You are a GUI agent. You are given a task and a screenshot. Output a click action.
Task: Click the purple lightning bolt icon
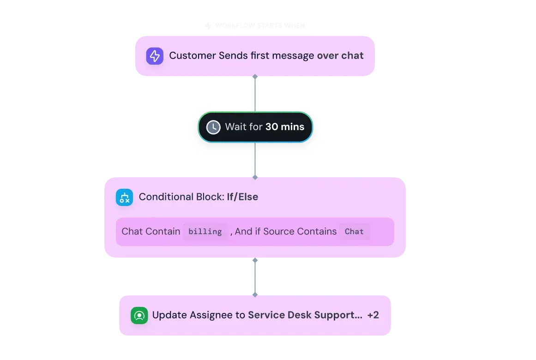(x=155, y=56)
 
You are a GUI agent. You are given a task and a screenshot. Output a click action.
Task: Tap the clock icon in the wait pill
(x=213, y=127)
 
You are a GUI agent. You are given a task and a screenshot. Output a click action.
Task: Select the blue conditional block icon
(x=124, y=197)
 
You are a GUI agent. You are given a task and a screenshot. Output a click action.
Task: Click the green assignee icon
(x=139, y=315)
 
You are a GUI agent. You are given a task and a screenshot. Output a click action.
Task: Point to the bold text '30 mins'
(x=285, y=127)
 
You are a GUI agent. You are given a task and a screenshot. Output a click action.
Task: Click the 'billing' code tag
(x=205, y=232)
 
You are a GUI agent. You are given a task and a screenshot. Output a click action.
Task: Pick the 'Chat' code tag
(x=354, y=232)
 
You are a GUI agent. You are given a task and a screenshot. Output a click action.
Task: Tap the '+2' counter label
(x=373, y=315)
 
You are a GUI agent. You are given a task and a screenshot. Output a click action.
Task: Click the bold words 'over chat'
(x=340, y=56)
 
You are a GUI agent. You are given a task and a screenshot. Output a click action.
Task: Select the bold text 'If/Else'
(x=242, y=197)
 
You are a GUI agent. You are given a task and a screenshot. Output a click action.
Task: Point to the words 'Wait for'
(x=244, y=127)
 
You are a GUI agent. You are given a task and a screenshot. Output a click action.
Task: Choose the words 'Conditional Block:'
(x=181, y=197)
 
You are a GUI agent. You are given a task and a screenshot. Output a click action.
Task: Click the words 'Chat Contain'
(x=151, y=232)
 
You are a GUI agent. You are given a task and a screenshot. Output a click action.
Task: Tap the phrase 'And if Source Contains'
(x=286, y=232)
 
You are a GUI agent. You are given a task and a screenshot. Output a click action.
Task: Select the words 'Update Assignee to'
(x=199, y=315)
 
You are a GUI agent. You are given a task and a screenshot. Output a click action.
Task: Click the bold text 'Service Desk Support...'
(x=305, y=315)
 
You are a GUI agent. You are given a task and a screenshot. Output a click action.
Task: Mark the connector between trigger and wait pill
(x=255, y=92)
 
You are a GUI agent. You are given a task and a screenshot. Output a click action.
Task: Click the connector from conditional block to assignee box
(x=255, y=277)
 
